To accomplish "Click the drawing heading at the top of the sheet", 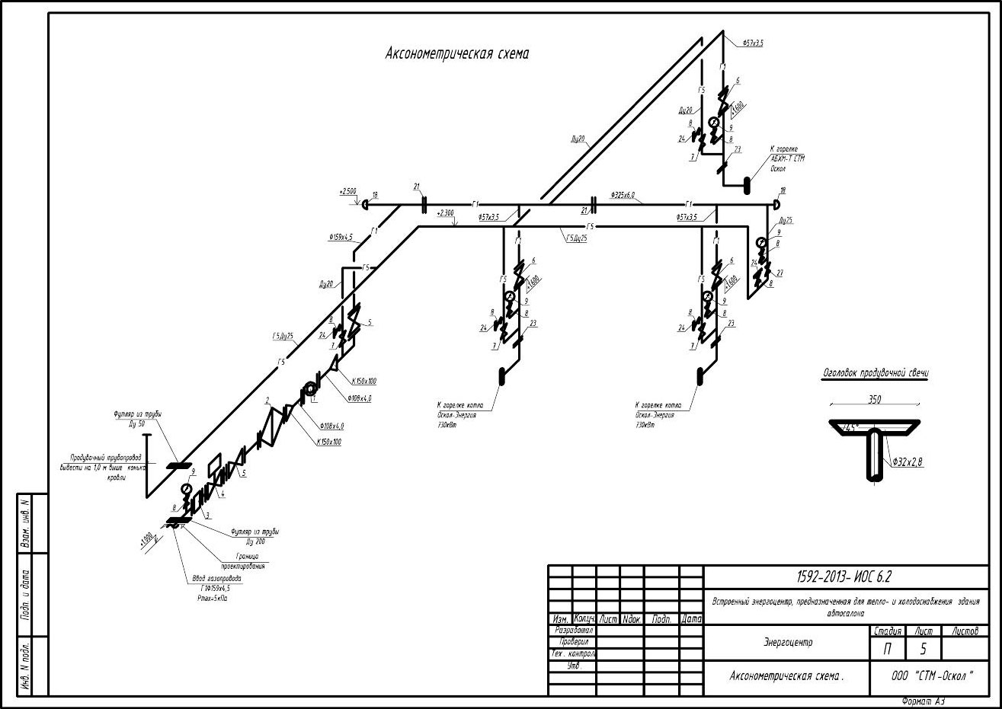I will pos(457,54).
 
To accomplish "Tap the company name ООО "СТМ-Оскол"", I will pos(933,675).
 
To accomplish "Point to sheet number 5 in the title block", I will pos(924,649).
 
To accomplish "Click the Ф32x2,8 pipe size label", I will pos(906,461).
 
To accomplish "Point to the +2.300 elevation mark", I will pos(446,213).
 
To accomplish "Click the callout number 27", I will pos(780,272).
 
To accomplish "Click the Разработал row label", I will pos(573,631).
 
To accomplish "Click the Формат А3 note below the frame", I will pos(923,701).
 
